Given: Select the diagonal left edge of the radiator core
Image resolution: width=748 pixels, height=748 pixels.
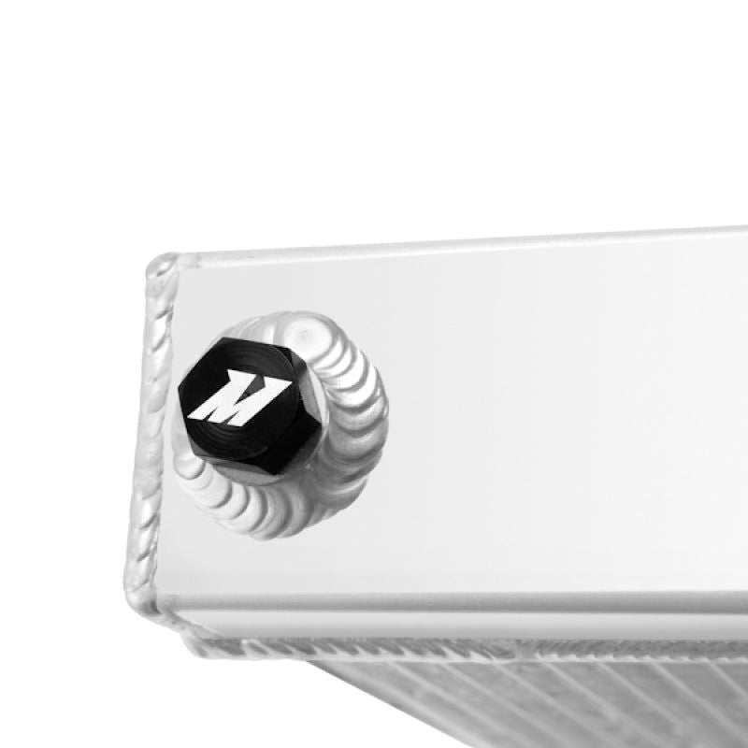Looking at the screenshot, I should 309,692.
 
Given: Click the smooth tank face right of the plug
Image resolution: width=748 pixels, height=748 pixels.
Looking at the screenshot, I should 561,421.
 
